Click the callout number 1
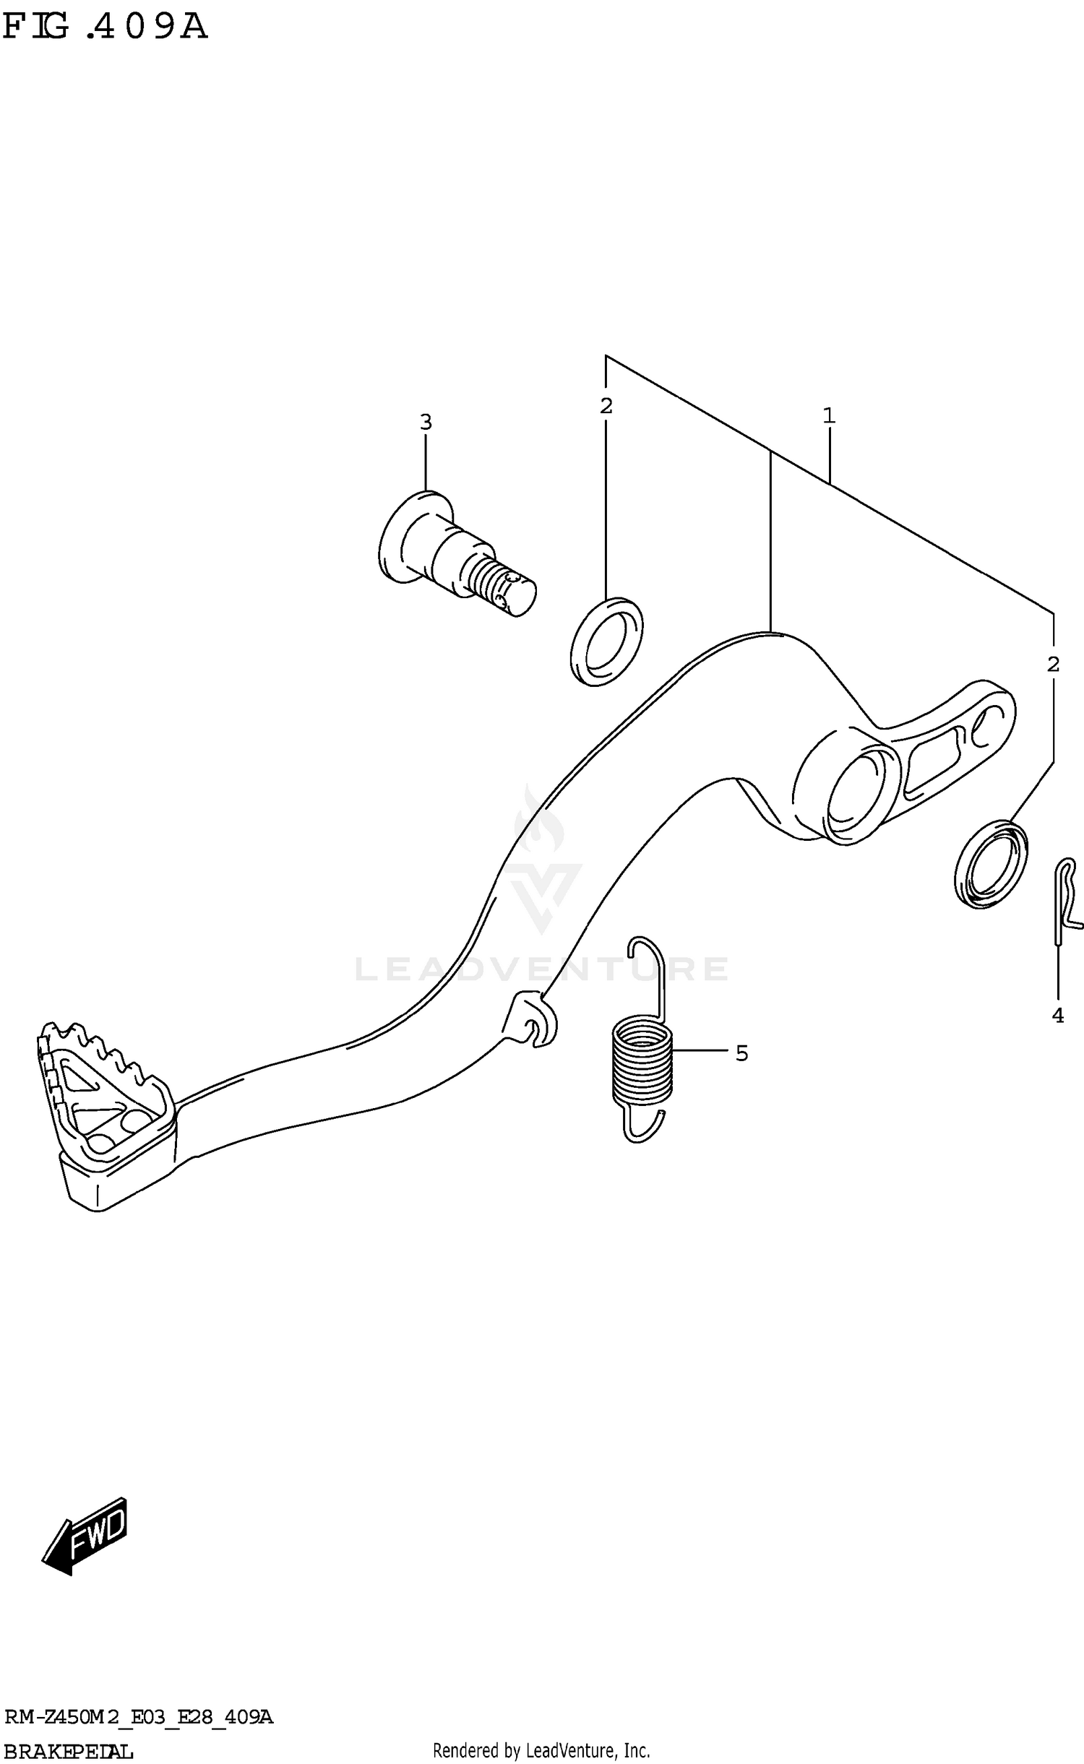click(828, 415)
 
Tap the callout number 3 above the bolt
click(426, 422)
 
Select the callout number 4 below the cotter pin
click(1057, 1015)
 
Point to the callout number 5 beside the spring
click(741, 1054)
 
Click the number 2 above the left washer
click(606, 406)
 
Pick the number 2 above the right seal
click(1053, 664)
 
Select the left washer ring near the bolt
click(606, 641)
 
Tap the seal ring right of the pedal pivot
click(990, 864)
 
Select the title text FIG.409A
click(105, 27)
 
